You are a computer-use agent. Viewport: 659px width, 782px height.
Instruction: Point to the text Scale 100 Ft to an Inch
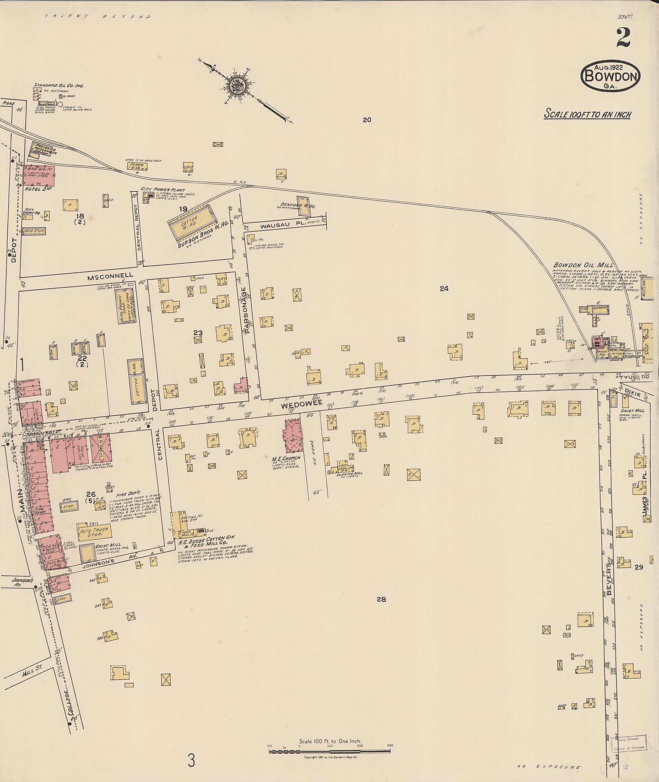point(587,114)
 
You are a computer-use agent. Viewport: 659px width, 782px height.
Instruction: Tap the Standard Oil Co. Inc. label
point(59,86)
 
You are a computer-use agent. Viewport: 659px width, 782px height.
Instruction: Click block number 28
point(381,599)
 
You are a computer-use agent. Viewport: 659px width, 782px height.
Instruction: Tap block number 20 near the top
point(367,120)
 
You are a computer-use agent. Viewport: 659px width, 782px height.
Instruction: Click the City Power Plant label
point(163,190)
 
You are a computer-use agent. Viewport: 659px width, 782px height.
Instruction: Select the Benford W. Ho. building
point(303,206)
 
